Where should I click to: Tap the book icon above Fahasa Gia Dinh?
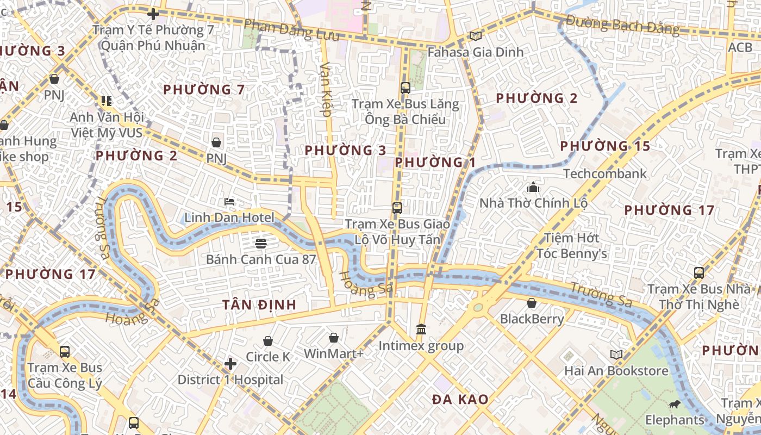coord(476,36)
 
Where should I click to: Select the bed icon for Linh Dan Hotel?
coord(229,202)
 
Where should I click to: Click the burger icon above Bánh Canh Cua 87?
coord(261,243)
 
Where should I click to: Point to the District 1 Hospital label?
coord(230,380)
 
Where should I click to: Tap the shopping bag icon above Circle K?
coord(268,341)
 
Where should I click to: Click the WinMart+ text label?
coord(333,353)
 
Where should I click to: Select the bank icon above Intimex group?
coord(421,330)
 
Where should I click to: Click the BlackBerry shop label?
coord(532,319)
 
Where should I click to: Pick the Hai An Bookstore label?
coord(616,371)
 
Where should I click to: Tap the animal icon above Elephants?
coord(675,404)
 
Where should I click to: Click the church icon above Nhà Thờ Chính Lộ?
coord(533,188)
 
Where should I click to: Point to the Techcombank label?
coord(605,173)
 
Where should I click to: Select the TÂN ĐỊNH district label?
coord(259,304)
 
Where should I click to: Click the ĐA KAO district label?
coord(460,400)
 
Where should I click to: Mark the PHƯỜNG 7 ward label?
coord(204,89)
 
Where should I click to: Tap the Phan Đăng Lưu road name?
coord(291,30)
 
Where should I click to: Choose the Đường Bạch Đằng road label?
coord(622,25)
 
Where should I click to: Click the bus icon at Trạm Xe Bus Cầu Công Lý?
coord(65,352)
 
